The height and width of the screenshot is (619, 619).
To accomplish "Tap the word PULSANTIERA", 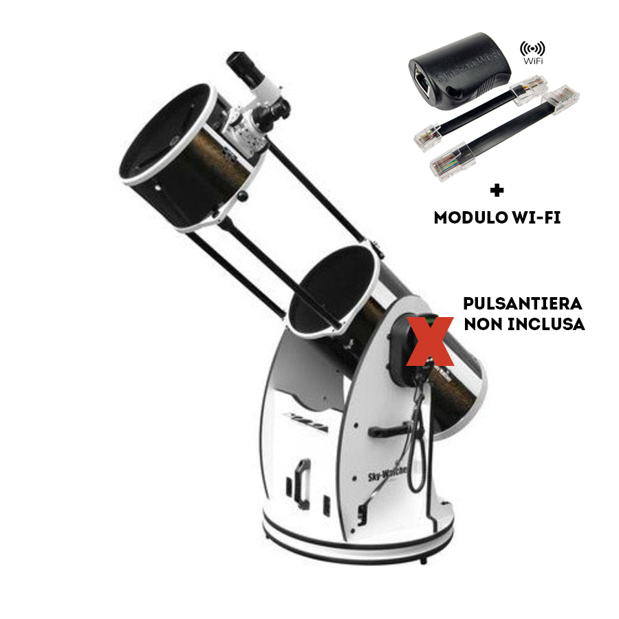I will (523, 303).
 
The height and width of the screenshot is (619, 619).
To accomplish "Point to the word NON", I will (480, 324).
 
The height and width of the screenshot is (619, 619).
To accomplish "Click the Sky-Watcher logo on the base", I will (387, 473).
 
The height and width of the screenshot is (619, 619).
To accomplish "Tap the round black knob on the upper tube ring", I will (241, 197).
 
